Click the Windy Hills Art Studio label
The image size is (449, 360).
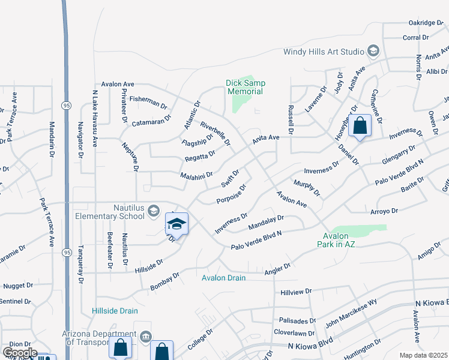click(x=324, y=52)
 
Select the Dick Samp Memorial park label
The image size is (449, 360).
click(x=246, y=87)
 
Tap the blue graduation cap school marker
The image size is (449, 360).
click(x=176, y=224)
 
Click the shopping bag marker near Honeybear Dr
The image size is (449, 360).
click(x=360, y=126)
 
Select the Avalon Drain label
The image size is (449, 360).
click(x=224, y=278)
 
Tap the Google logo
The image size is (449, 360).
click(x=19, y=353)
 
